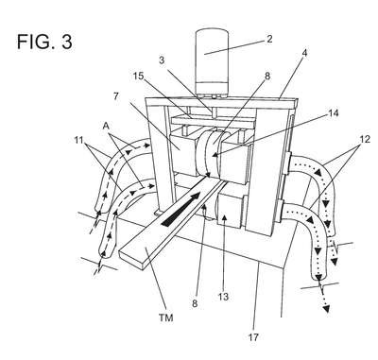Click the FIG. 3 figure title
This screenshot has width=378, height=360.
pyautogui.click(x=44, y=42)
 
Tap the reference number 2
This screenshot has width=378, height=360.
pyautogui.click(x=269, y=39)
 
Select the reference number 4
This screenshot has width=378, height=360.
pyautogui.click(x=304, y=53)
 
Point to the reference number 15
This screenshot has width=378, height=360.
pyautogui.click(x=139, y=77)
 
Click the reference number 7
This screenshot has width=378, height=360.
pyautogui.click(x=115, y=96)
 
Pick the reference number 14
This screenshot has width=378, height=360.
pyautogui.click(x=333, y=113)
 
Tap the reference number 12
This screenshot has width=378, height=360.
pyautogui.click(x=365, y=139)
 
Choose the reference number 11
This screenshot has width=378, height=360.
pyautogui.click(x=80, y=139)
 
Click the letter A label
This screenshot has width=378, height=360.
pyautogui.click(x=106, y=126)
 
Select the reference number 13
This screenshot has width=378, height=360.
pyautogui.click(x=223, y=297)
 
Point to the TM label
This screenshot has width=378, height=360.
pyautogui.click(x=166, y=317)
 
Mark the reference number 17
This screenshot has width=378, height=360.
pyautogui.click(x=253, y=337)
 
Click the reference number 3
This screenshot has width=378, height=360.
pyautogui.click(x=162, y=60)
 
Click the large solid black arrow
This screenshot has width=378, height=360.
pyautogui.click(x=180, y=210)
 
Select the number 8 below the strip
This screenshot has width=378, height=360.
pyautogui.click(x=195, y=303)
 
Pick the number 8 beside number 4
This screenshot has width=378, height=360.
pyautogui.click(x=267, y=77)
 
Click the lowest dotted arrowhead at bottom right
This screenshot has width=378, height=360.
pyautogui.click(x=327, y=309)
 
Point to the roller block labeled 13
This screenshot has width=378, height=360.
pyautogui.click(x=230, y=211)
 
